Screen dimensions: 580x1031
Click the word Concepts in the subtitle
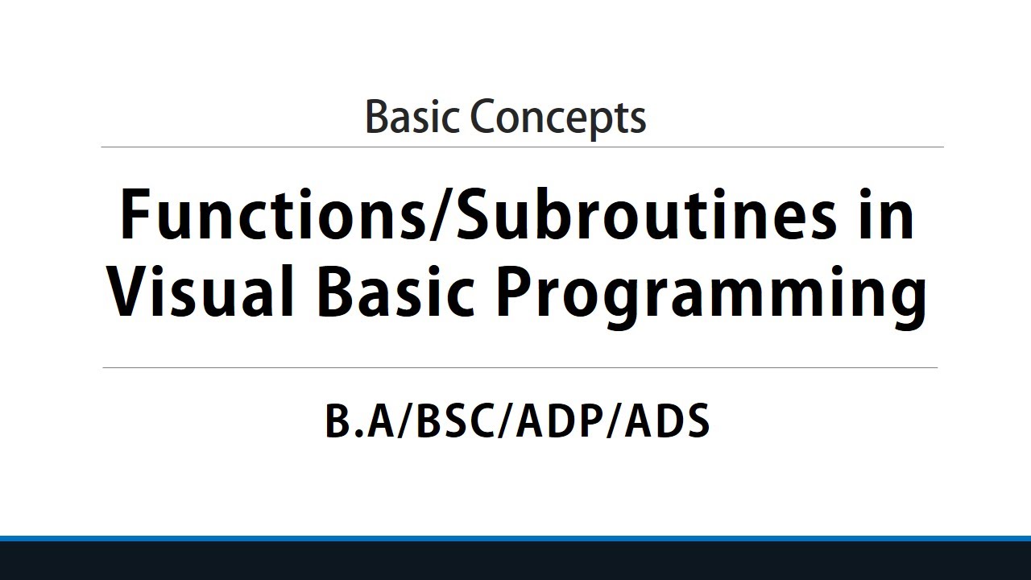click(558, 118)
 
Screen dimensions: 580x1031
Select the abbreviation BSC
click(454, 421)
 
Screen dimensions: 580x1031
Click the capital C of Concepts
click(486, 118)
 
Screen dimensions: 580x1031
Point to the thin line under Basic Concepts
click(522, 147)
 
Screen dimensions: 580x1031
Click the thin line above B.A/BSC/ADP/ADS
click(520, 368)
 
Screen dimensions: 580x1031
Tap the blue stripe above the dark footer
click(515, 538)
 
